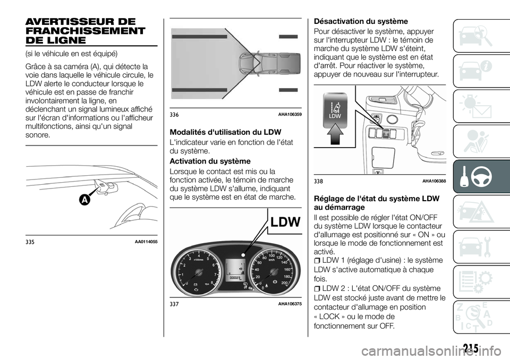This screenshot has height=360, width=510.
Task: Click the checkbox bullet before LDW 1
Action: pos(317,260)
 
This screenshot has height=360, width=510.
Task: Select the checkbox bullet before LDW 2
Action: pos(317,288)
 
